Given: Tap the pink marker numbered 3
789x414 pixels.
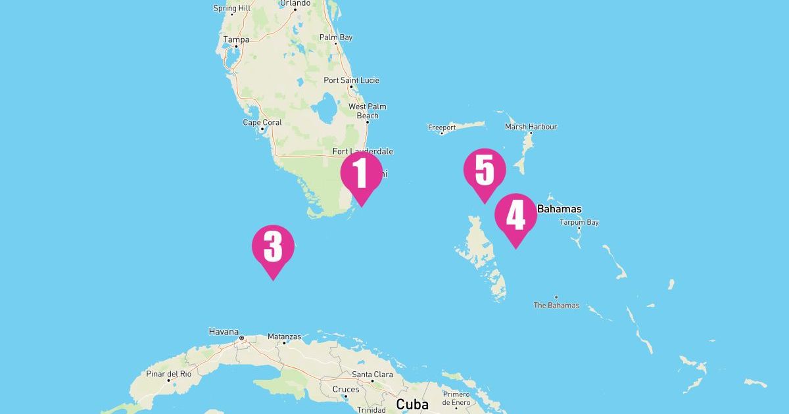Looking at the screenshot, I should [x=273, y=248].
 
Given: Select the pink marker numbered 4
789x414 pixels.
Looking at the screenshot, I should [x=516, y=216].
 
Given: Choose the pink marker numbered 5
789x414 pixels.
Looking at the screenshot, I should [x=485, y=171].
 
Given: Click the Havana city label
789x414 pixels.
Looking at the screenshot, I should [x=224, y=332].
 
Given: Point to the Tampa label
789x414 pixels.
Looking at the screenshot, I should [x=236, y=39].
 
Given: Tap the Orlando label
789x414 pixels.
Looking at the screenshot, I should [x=295, y=3].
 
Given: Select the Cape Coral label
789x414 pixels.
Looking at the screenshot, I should [x=262, y=122].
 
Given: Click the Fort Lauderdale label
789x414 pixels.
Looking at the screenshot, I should [x=363, y=151].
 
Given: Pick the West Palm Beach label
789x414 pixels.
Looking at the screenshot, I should [x=368, y=111].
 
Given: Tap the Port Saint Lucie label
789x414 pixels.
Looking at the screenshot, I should [x=351, y=80].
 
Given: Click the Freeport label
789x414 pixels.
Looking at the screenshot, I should [x=442, y=127].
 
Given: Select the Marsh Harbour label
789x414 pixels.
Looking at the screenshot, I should [x=531, y=126].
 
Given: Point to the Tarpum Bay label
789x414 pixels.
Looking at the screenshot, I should [x=579, y=222].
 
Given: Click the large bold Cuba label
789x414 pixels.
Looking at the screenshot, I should [x=412, y=403].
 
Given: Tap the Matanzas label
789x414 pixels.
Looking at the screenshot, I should [x=284, y=336].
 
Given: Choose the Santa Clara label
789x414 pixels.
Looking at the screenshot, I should [x=373, y=375].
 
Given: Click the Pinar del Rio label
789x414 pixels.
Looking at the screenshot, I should [x=168, y=374].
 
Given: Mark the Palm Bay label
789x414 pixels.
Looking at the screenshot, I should [x=336, y=37].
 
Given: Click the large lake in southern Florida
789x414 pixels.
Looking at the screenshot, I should [x=323, y=110].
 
